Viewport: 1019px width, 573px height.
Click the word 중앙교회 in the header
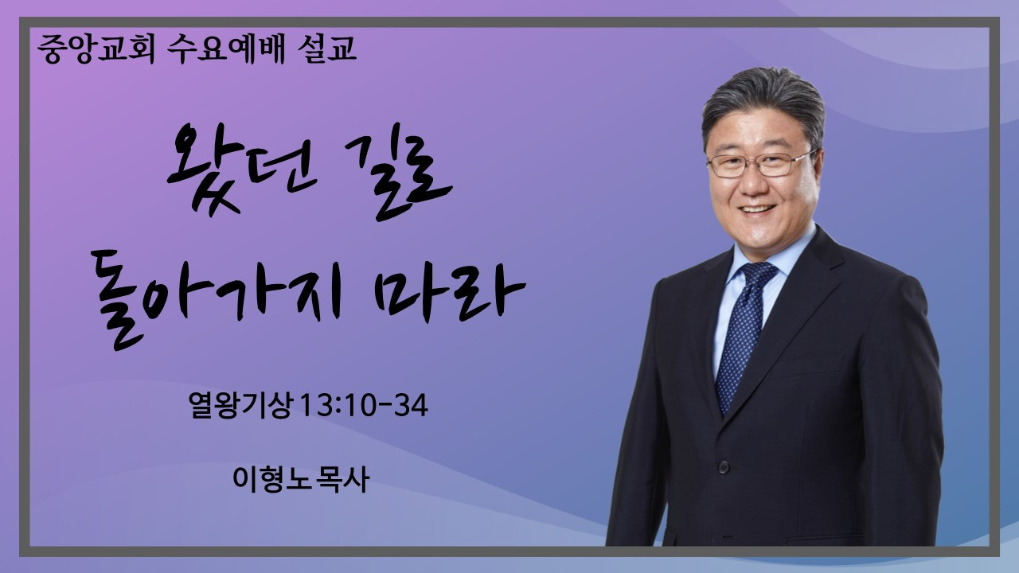pos(96,49)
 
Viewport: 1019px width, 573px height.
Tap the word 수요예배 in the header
pos(226,49)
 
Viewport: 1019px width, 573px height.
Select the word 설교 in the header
pos(326,49)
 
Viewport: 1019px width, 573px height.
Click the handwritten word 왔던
pos(241,170)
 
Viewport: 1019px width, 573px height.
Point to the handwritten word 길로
pos(397,173)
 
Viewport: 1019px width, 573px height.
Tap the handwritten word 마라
pos(450,292)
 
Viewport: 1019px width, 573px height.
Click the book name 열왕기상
pos(240,405)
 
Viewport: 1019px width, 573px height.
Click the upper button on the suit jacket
pos(724,466)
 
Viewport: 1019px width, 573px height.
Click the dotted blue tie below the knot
pos(741,345)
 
